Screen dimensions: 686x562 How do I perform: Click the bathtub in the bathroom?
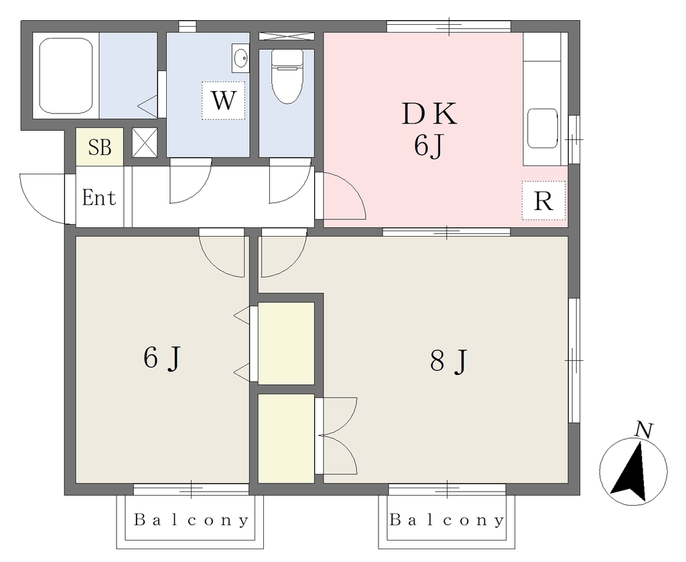tap(66, 76)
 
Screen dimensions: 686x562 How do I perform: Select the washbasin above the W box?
tap(240, 58)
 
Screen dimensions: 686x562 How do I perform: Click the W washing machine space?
tap(223, 101)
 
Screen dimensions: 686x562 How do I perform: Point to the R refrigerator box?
tap(544, 201)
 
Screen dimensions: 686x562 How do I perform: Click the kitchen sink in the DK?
tap(543, 128)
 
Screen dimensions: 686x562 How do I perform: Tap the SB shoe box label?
tap(100, 148)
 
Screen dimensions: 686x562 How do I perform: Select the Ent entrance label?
tap(99, 197)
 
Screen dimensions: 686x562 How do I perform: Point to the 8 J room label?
tap(450, 361)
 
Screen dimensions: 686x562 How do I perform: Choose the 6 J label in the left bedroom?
tap(162, 358)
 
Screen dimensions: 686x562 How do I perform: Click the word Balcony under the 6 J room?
tap(191, 520)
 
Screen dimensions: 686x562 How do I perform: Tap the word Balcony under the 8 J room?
tap(447, 520)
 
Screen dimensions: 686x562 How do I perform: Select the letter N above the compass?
tap(644, 430)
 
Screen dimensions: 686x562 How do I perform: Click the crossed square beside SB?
tap(145, 142)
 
